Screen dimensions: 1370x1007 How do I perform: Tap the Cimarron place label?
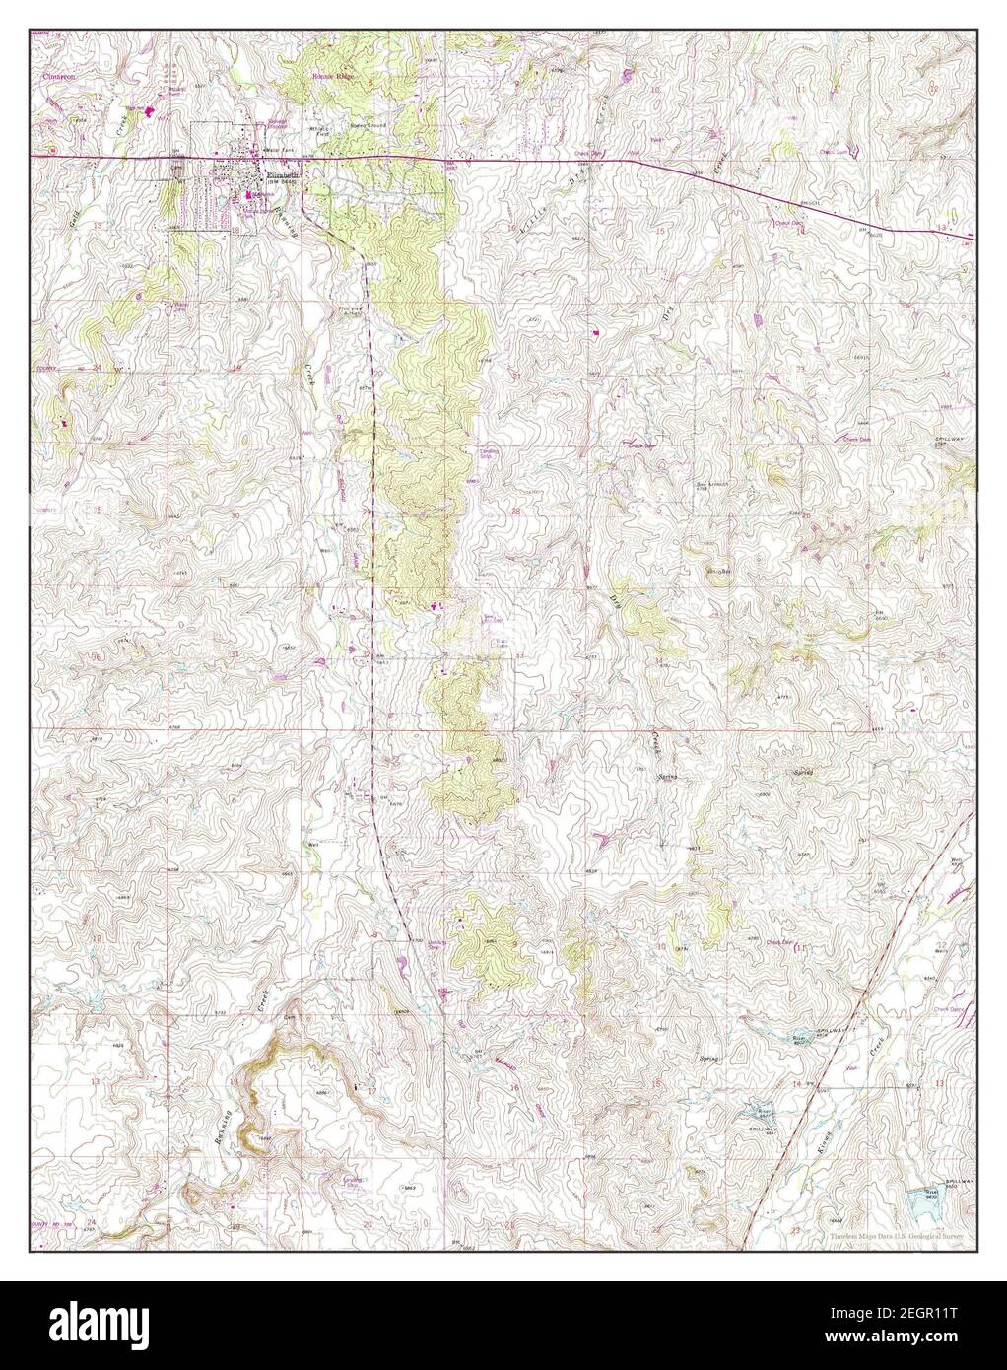tap(59, 75)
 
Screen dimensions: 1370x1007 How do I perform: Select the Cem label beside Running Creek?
tap(290, 1017)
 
